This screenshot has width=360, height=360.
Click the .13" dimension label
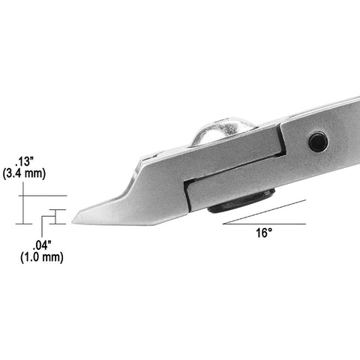coord(24,162)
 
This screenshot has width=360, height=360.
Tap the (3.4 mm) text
coord(24,174)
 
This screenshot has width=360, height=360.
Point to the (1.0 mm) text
coord(42,257)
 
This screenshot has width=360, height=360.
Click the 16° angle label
coord(264,233)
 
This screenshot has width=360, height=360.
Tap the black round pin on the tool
coord(318,142)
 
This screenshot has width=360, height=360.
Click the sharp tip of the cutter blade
coord(72,222)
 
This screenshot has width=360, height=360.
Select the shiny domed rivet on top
coord(223,130)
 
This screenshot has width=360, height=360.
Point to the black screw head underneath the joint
coord(241,201)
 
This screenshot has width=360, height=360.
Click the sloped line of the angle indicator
coord(265,212)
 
